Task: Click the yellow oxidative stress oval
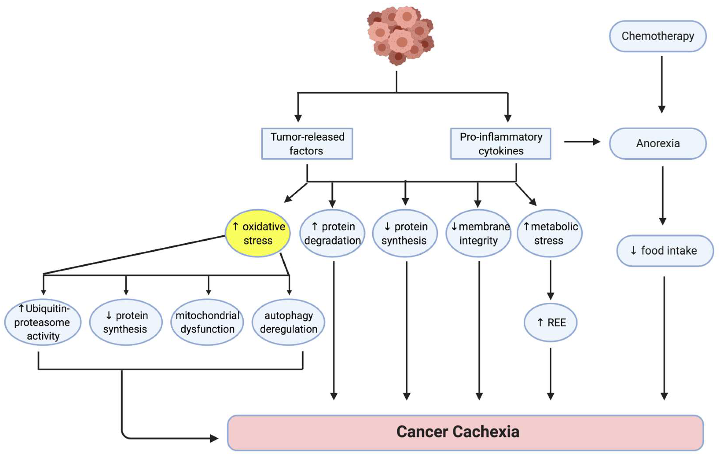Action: [257, 233]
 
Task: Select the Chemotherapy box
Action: [658, 36]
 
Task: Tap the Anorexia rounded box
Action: [658, 144]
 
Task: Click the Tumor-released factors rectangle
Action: [307, 144]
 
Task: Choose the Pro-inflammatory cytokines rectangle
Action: [501, 144]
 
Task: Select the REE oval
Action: [551, 323]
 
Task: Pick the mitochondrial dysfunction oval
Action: [207, 322]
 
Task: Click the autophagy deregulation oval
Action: [288, 322]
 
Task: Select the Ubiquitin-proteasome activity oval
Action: [43, 322]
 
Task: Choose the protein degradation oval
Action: [332, 233]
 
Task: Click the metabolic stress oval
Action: [549, 233]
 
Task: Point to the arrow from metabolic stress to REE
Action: [551, 280]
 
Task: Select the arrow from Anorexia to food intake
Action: [663, 196]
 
